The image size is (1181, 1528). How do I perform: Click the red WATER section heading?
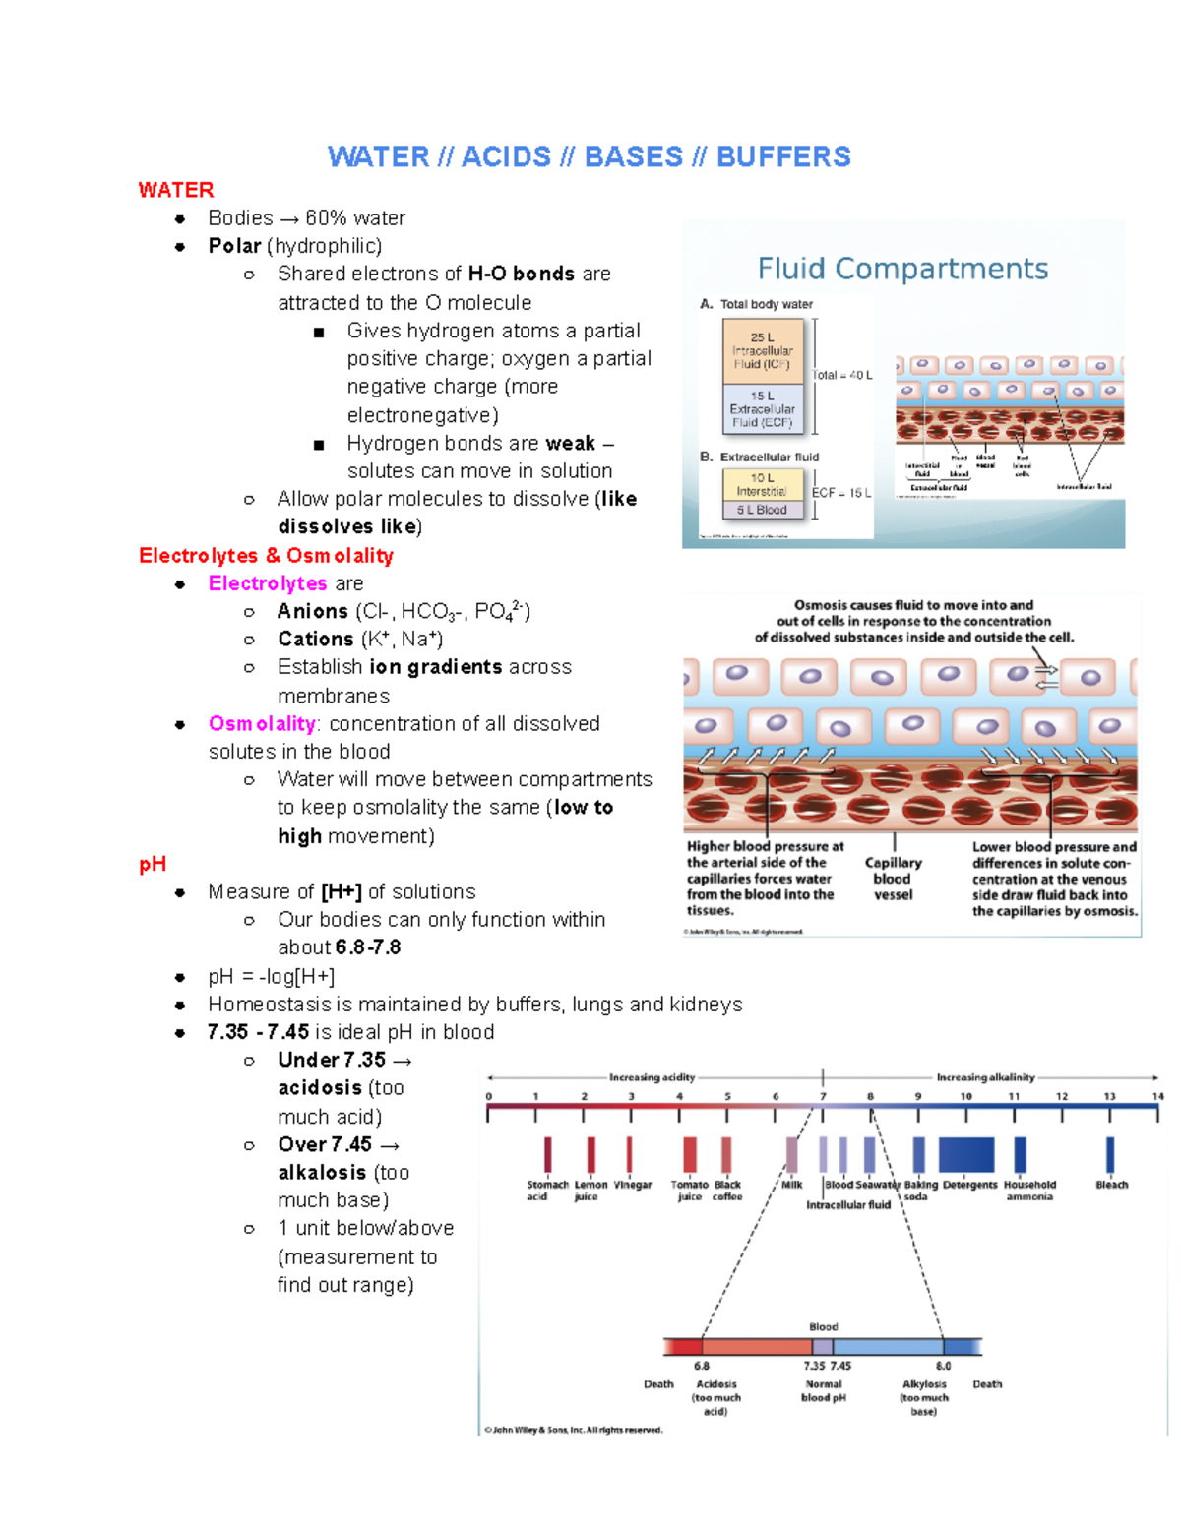[175, 190]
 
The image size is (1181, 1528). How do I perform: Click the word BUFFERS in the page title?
[783, 157]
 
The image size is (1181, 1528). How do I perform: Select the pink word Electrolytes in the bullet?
[268, 583]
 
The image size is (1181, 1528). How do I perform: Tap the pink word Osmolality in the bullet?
[262, 724]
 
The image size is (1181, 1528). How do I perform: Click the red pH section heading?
[153, 864]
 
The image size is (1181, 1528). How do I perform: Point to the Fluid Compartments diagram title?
[901, 269]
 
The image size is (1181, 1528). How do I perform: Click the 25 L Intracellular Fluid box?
[763, 351]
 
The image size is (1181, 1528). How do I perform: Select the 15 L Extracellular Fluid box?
[763, 409]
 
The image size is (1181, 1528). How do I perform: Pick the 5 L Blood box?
[763, 510]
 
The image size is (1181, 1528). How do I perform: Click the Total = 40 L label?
[842, 375]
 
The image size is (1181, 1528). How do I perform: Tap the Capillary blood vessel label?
[893, 879]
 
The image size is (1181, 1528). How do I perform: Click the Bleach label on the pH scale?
[1111, 1185]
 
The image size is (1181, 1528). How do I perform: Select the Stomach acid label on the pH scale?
[546, 1190]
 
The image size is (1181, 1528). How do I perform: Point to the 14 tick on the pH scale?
[1157, 1096]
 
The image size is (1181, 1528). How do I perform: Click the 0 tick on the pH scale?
[488, 1096]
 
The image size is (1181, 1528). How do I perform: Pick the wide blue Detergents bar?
[966, 1154]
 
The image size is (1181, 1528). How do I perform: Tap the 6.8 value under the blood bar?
[701, 1366]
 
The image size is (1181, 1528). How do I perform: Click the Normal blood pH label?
[824, 1390]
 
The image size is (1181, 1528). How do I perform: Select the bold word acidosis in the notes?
[320, 1088]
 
